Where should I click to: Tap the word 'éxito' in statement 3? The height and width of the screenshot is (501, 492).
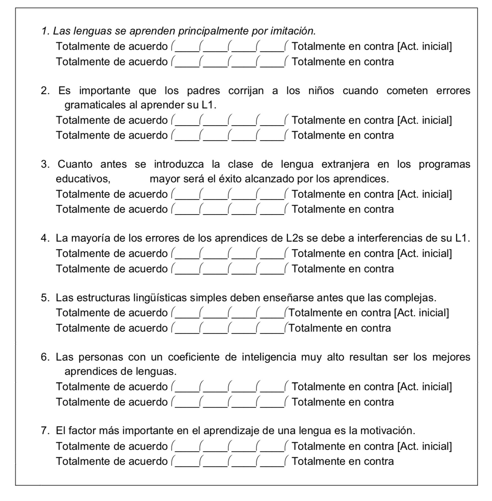[230, 179]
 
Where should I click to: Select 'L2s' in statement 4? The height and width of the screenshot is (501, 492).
[295, 238]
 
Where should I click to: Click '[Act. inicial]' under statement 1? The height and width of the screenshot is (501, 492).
[425, 46]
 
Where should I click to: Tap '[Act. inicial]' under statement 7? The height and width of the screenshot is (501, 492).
[425, 446]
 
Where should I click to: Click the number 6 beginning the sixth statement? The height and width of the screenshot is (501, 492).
[45, 357]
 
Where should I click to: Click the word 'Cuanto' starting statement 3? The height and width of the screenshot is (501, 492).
[75, 164]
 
